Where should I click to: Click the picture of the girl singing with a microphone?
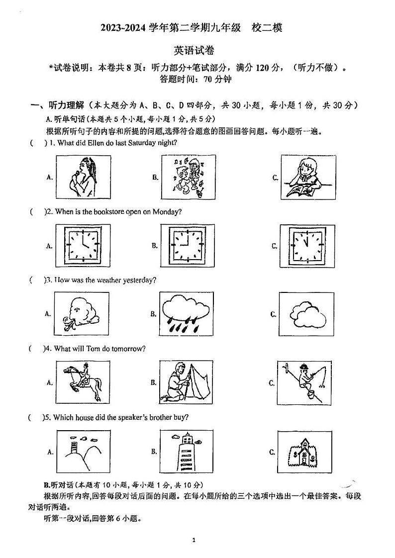83,176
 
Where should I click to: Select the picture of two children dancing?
189,176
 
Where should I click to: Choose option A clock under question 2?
83,245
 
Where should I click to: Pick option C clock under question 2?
305,246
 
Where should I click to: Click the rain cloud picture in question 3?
185,314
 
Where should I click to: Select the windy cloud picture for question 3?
81,314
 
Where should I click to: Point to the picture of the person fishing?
305,382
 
